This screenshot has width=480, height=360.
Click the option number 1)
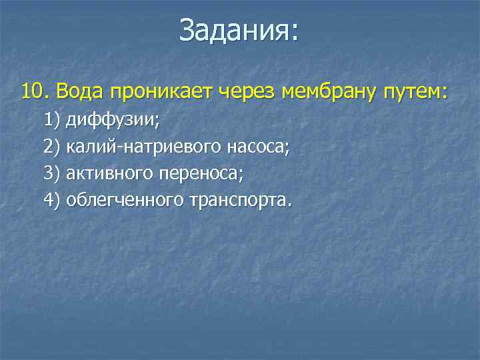tap(51, 121)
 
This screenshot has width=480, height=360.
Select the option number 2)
tap(51, 147)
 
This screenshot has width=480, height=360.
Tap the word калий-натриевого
tap(142, 147)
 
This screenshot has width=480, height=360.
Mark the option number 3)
tap(51, 174)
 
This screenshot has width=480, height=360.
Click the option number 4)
tap(51, 200)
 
